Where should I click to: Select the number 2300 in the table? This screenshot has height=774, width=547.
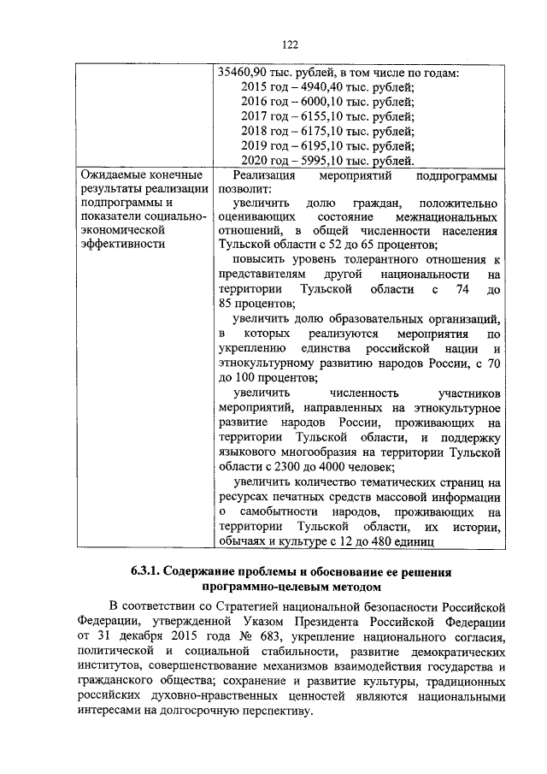tap(282, 468)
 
